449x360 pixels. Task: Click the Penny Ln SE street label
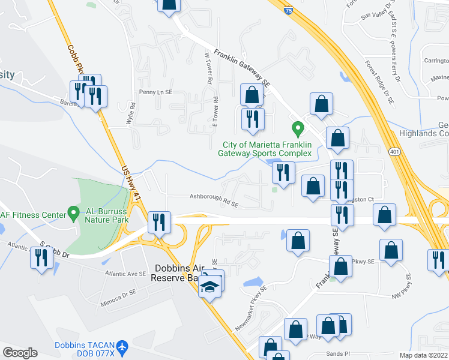(x=155, y=92)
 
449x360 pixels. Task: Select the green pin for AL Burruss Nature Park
(x=73, y=212)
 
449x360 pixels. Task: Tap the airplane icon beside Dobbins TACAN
(x=122, y=346)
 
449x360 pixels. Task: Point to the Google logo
(x=19, y=353)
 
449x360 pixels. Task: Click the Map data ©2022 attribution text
(x=423, y=355)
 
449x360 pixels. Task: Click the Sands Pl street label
(x=338, y=355)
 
